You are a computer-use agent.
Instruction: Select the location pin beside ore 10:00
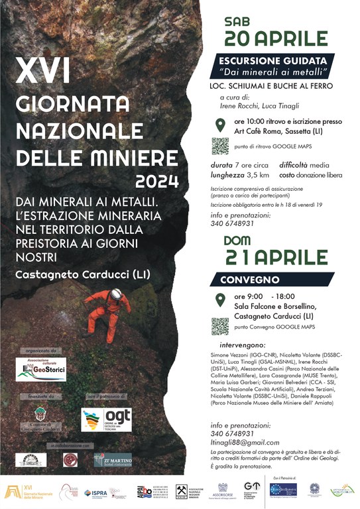(x=220, y=125)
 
